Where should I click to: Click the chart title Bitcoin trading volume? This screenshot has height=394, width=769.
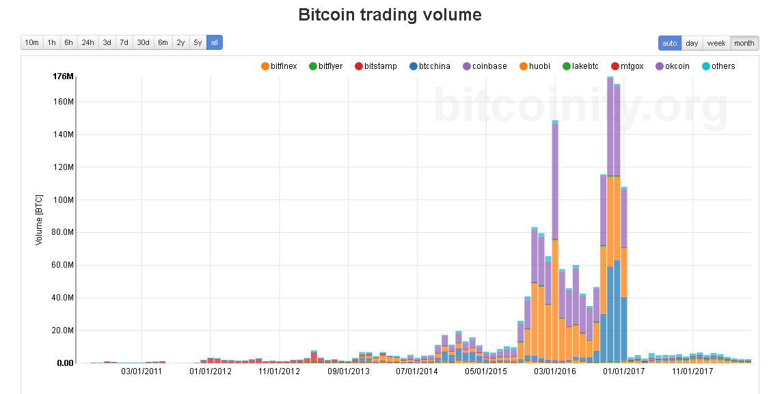click(390, 14)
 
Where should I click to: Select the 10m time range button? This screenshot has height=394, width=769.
click(31, 42)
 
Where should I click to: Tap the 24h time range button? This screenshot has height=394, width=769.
click(87, 42)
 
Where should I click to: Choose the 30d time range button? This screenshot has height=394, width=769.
click(143, 42)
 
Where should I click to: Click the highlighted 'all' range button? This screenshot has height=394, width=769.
click(214, 42)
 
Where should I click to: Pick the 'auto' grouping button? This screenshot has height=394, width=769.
click(670, 43)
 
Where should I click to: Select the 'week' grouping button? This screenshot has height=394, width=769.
click(716, 43)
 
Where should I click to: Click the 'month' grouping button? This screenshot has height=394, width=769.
click(744, 43)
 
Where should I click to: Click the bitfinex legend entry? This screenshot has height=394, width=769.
click(280, 66)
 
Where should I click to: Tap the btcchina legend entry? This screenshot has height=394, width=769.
click(430, 66)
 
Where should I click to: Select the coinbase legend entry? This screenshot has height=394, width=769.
click(485, 66)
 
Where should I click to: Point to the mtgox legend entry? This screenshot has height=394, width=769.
click(628, 66)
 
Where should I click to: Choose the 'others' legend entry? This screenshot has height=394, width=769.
click(718, 66)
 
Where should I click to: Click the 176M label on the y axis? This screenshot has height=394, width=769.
click(63, 76)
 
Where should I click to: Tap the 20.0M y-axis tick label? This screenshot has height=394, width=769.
click(62, 330)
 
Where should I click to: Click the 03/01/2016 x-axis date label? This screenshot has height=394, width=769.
click(555, 371)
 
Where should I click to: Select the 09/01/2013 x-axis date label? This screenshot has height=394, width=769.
click(349, 371)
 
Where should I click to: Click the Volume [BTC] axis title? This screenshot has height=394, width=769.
click(39, 219)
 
